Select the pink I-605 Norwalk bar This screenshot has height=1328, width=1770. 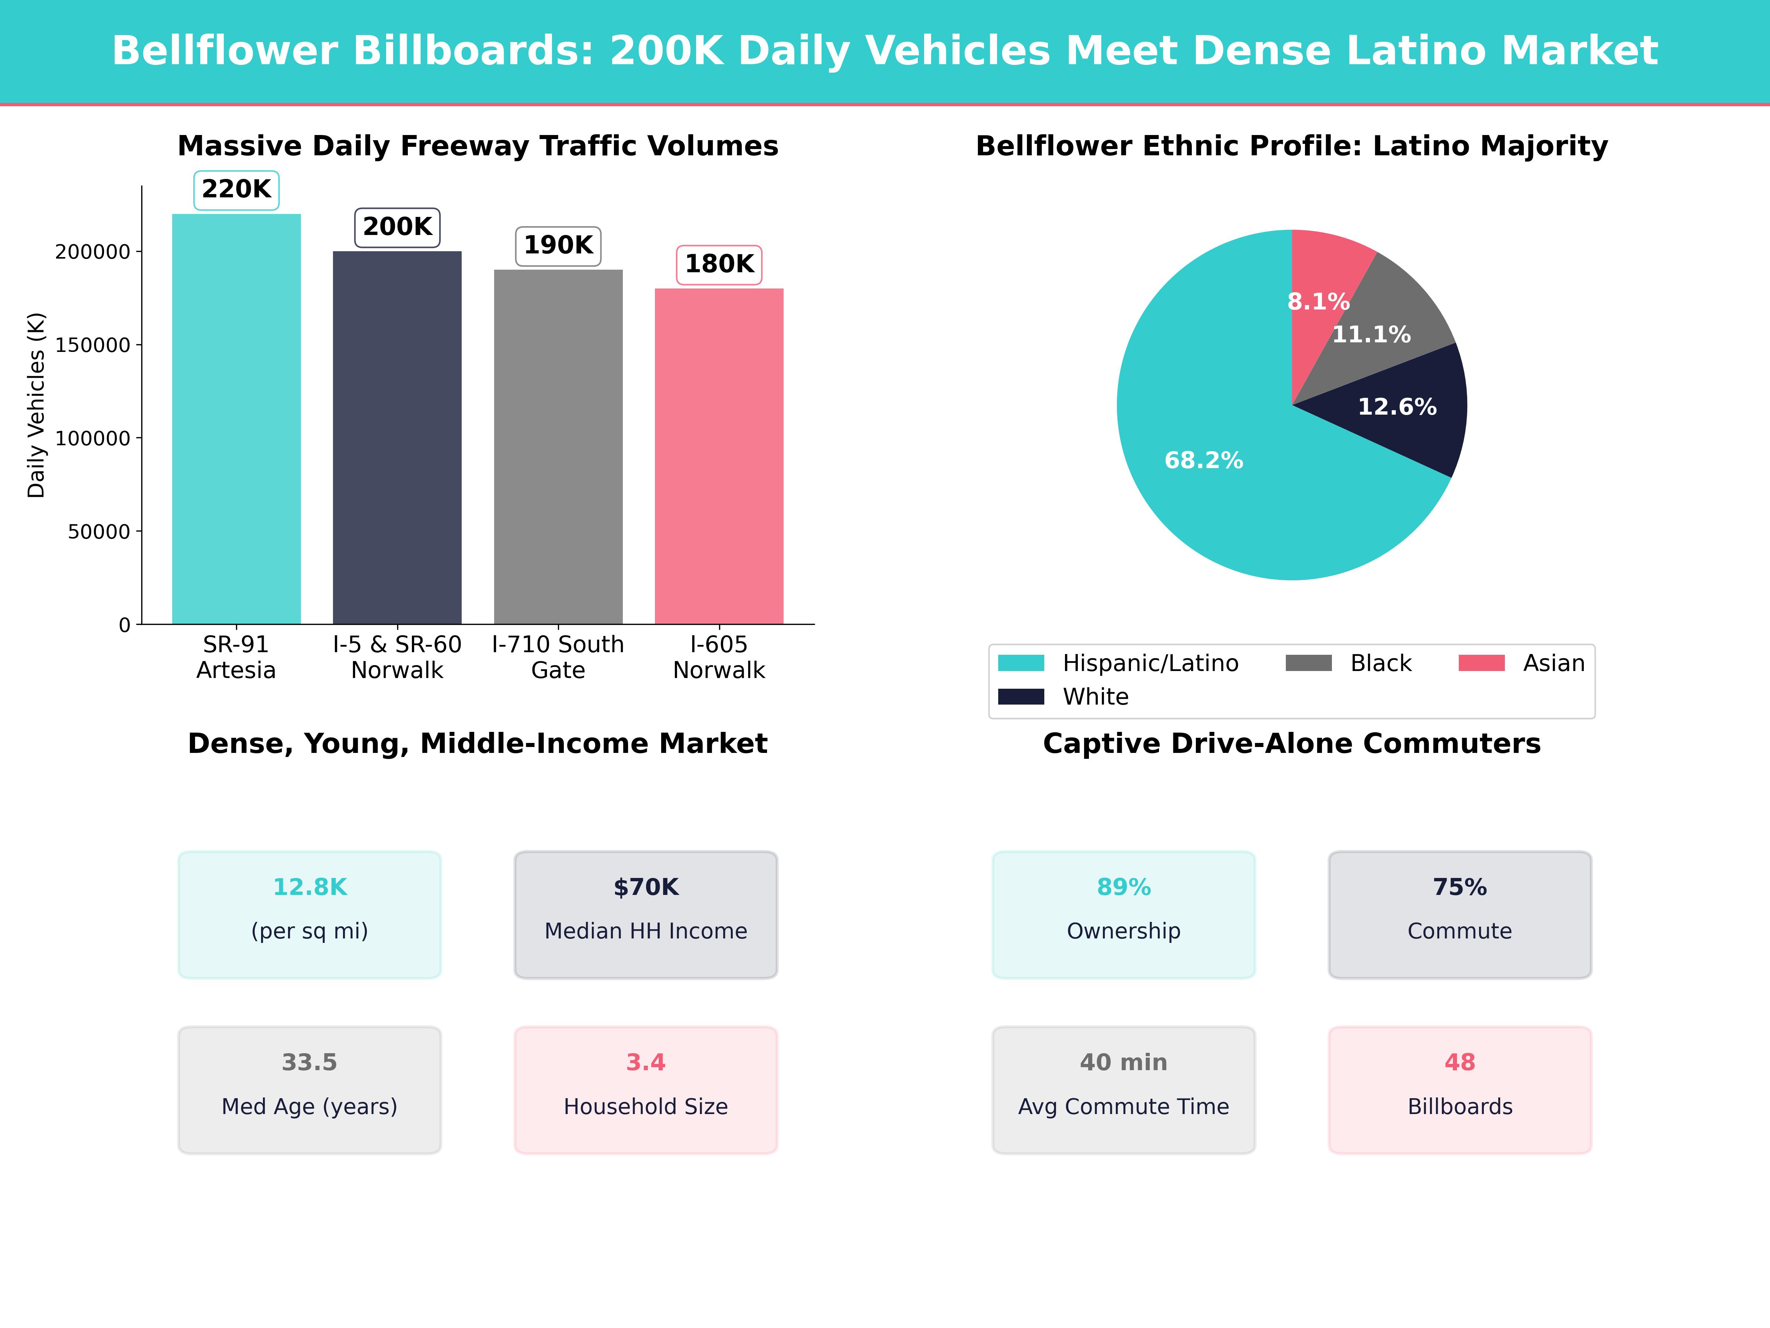(x=719, y=456)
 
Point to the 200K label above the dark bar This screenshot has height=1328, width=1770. (x=397, y=227)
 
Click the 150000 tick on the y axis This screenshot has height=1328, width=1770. (x=92, y=345)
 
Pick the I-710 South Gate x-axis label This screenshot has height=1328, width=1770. (x=558, y=657)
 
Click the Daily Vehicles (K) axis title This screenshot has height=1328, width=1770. (x=36, y=405)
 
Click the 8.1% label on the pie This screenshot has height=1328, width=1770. (x=1318, y=302)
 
